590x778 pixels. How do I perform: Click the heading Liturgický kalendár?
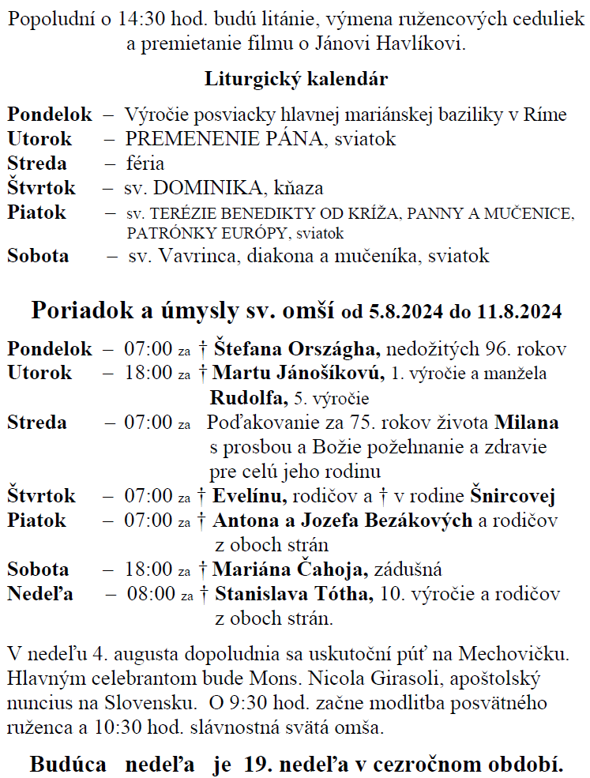(x=295, y=80)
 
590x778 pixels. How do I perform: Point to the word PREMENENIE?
(x=179, y=139)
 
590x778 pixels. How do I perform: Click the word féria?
(x=145, y=163)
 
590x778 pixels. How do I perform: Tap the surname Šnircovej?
(x=513, y=496)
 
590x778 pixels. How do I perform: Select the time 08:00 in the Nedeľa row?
(x=150, y=594)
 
